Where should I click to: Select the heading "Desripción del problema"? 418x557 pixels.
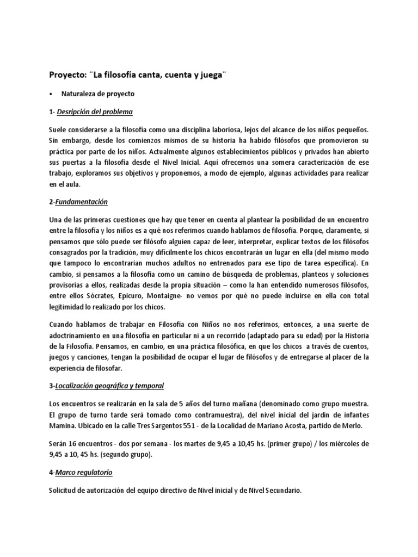click(x=95, y=112)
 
